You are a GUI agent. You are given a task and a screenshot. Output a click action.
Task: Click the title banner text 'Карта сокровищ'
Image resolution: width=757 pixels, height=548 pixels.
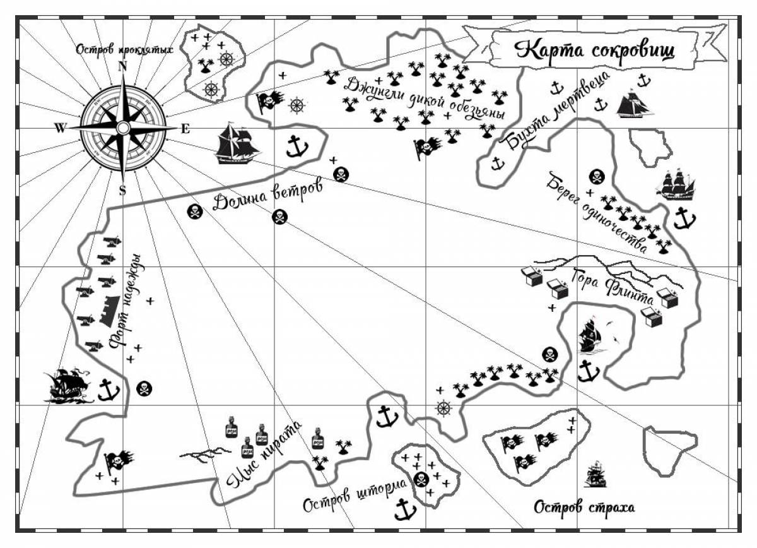tap(594, 51)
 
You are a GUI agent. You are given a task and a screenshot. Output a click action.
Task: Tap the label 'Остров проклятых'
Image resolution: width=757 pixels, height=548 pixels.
tap(124, 50)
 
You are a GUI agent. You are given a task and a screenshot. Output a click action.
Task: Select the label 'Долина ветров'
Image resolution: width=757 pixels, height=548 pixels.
tap(267, 196)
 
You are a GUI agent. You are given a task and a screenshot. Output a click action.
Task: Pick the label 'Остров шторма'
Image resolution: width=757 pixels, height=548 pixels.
tap(355, 495)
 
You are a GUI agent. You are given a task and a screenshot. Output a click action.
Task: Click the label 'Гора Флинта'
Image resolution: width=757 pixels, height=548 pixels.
tap(613, 287)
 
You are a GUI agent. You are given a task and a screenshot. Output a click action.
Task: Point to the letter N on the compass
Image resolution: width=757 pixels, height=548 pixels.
tap(122, 67)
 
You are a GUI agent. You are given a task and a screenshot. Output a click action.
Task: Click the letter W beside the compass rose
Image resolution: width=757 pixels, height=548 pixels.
tap(60, 128)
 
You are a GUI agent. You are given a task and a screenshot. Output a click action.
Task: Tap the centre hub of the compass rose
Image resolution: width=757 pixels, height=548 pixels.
tap(122, 128)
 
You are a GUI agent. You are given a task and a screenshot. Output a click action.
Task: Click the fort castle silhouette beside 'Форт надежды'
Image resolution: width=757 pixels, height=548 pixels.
tap(110, 311)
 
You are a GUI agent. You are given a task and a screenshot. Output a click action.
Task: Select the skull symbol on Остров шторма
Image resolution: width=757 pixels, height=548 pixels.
tap(421, 479)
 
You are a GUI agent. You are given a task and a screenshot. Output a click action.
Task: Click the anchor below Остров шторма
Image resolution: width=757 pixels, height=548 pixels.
tap(405, 509)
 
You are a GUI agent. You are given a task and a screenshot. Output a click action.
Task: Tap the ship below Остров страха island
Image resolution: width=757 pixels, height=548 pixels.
tap(595, 474)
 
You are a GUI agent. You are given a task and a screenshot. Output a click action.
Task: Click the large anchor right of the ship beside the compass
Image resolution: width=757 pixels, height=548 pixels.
tap(297, 146)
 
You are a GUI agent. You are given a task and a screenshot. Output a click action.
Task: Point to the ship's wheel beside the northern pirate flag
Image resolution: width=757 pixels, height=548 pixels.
tap(297, 105)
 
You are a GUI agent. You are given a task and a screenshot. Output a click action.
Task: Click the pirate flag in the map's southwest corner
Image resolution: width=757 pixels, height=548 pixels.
tap(119, 462)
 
